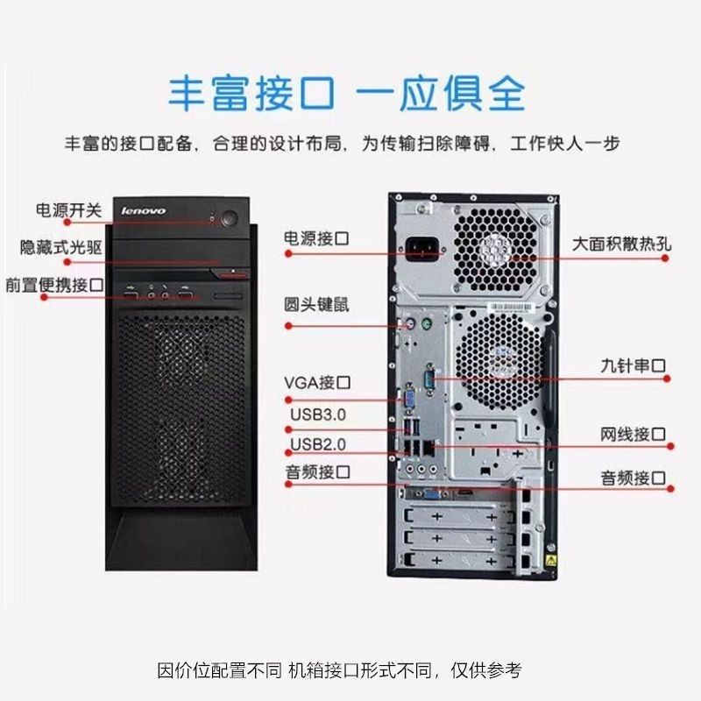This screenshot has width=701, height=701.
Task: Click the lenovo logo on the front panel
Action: (x=143, y=210)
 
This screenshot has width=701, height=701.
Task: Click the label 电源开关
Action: (x=69, y=210)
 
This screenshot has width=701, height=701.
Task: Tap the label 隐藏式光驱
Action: (x=61, y=247)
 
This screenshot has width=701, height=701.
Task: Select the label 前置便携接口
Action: (x=54, y=285)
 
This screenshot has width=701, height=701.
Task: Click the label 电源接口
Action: (x=316, y=238)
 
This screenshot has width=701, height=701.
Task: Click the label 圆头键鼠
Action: (x=316, y=304)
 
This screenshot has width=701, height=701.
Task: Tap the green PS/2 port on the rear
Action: (x=427, y=322)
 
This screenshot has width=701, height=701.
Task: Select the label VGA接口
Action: (x=317, y=383)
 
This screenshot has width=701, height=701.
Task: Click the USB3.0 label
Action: (x=318, y=414)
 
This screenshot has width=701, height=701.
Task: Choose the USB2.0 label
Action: (x=318, y=444)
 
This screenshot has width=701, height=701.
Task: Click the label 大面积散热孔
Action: (x=622, y=244)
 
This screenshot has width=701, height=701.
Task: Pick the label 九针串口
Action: (x=633, y=365)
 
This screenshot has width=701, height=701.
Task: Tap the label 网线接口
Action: (x=633, y=434)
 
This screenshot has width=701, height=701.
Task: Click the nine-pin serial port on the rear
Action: (x=430, y=380)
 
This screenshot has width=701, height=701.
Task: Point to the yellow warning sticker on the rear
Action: (x=551, y=561)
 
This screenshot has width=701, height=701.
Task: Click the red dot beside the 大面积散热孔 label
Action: (x=665, y=258)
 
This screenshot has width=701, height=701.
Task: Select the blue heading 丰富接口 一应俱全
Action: (x=346, y=94)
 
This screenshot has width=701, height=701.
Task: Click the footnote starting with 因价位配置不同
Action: (x=339, y=670)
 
